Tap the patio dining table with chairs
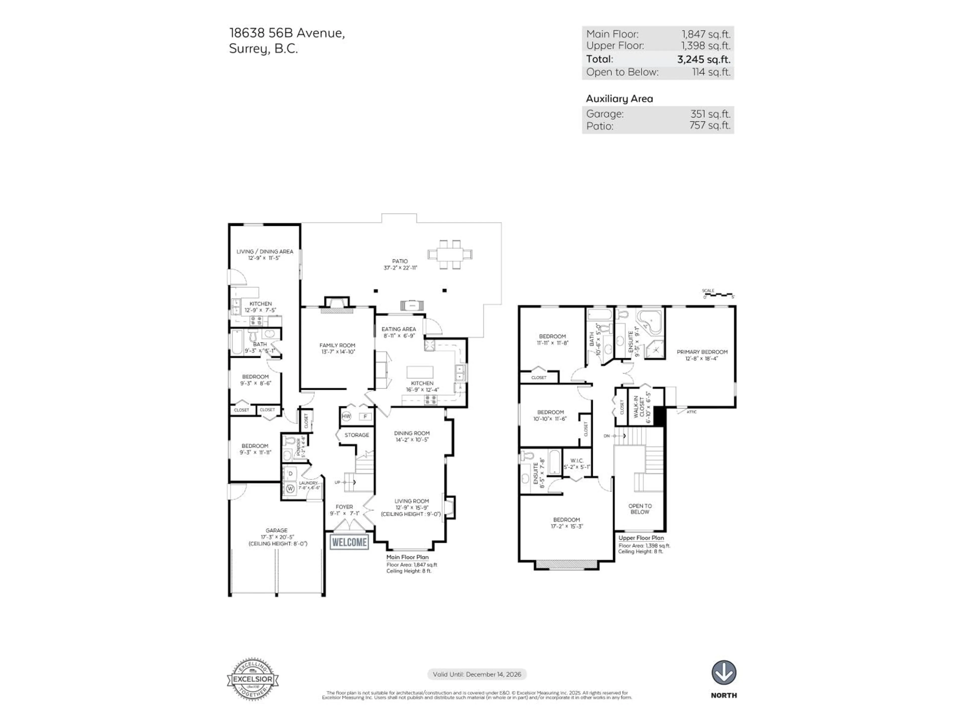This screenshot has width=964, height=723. coord(450,254)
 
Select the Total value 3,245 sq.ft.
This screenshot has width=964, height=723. coord(703,59)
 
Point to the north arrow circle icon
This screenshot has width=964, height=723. coord(724,673)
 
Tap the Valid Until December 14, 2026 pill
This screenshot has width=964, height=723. coord(477,674)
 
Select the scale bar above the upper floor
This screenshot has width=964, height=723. coord(719,295)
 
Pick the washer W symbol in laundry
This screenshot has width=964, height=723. coord(290,489)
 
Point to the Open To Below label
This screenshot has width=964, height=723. coord(640,509)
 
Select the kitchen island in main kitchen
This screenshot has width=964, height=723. coord(420,372)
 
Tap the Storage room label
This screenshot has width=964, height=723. coord(356,435)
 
